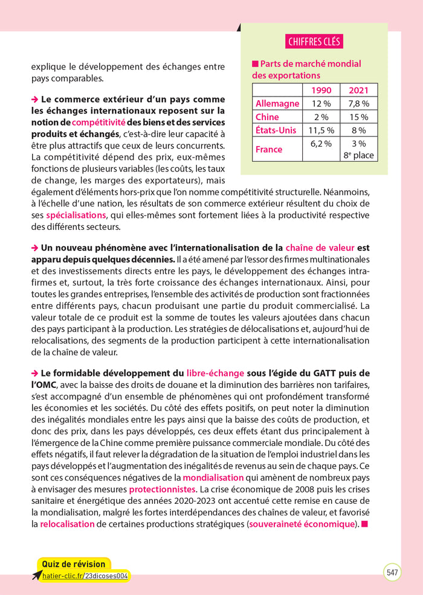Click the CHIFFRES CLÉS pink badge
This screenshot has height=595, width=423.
[x=314, y=42]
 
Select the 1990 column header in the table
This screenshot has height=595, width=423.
[x=320, y=90]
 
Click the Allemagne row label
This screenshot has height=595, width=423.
[x=277, y=103]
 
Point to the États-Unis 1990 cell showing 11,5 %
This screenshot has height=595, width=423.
[x=320, y=130]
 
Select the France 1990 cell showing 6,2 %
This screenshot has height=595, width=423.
[x=320, y=144]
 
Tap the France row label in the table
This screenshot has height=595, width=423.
[x=268, y=149]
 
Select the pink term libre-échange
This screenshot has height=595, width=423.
[x=215, y=373]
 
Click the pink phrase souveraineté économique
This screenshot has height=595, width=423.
[x=302, y=524]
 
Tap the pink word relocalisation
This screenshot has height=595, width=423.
[x=67, y=524]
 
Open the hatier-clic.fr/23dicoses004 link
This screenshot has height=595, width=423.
[x=85, y=576]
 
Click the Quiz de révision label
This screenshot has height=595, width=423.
[x=73, y=564]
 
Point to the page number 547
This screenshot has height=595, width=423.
[x=392, y=572]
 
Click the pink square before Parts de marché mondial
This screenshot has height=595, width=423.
[x=255, y=64]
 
